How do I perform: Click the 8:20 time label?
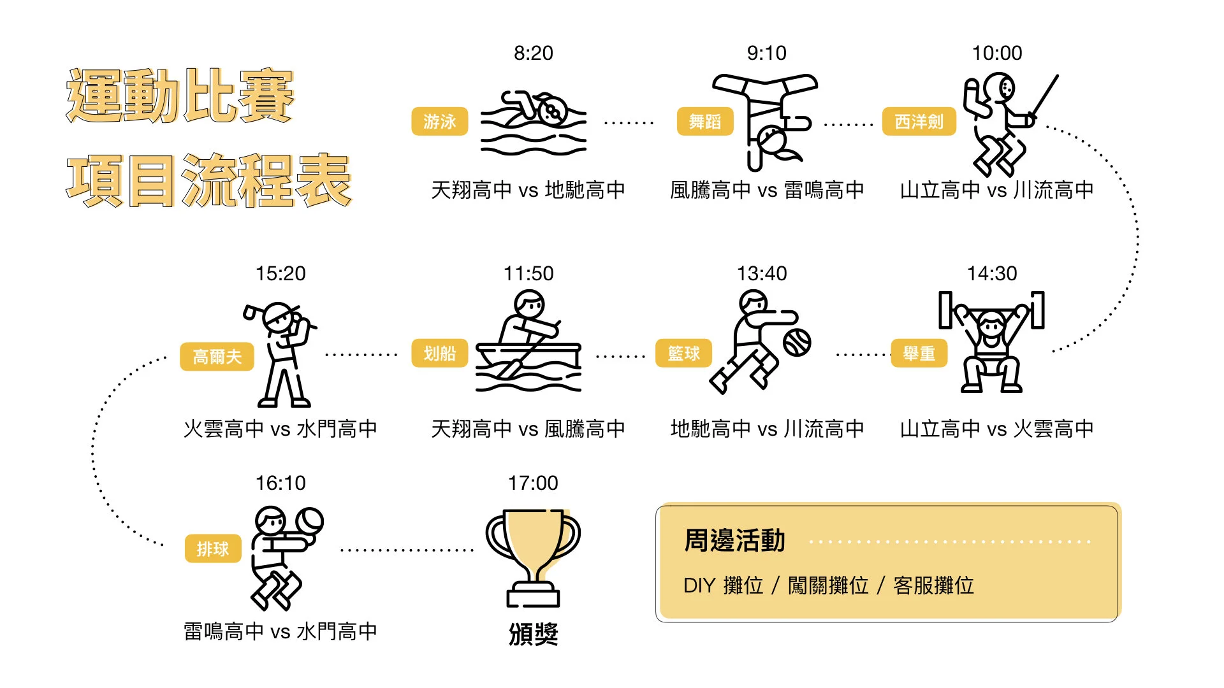[x=534, y=53]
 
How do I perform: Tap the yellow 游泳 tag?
[x=439, y=121]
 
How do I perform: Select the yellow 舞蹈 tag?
[x=704, y=121]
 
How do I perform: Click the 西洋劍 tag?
[x=919, y=121]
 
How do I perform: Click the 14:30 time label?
[x=992, y=273]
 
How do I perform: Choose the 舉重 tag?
[x=919, y=353]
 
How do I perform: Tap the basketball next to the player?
[x=797, y=342]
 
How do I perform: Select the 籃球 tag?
[x=683, y=353]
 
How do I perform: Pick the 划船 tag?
[x=439, y=353]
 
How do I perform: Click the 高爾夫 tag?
[x=217, y=356]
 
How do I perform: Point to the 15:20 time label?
[x=280, y=273]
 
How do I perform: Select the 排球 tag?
[x=212, y=548]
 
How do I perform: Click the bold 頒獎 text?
[x=533, y=634]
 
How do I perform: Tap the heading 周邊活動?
[x=734, y=540]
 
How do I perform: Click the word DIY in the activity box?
[x=699, y=585]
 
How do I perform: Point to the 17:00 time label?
[x=533, y=483]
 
